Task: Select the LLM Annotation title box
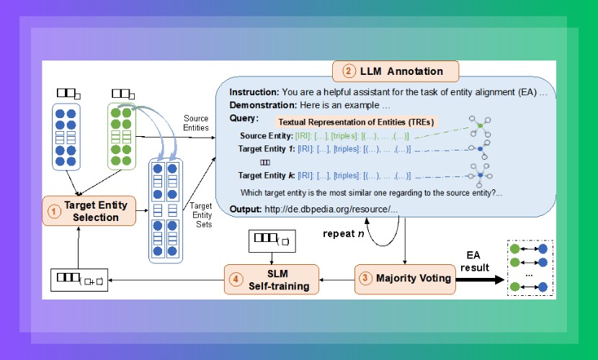click(397, 71)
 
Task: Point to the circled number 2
click(348, 71)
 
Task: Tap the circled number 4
click(235, 279)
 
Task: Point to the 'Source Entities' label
click(196, 123)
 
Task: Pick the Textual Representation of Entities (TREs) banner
click(357, 122)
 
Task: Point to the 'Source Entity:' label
click(267, 135)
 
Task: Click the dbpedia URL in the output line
click(331, 209)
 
